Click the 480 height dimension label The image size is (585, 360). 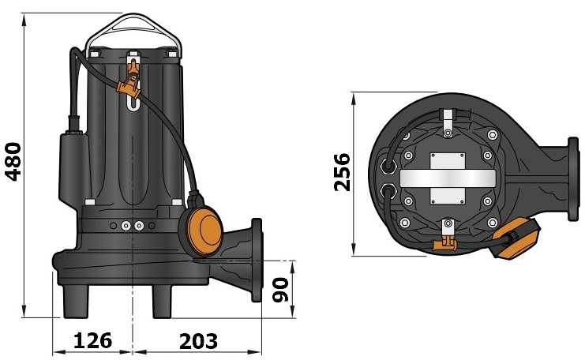pos(14,161)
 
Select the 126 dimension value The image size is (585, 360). pos(92,341)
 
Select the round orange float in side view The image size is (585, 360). pos(204,230)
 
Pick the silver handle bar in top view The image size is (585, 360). pos(448,178)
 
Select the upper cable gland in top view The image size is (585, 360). pos(388,167)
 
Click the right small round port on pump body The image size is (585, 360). pos(139,227)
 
